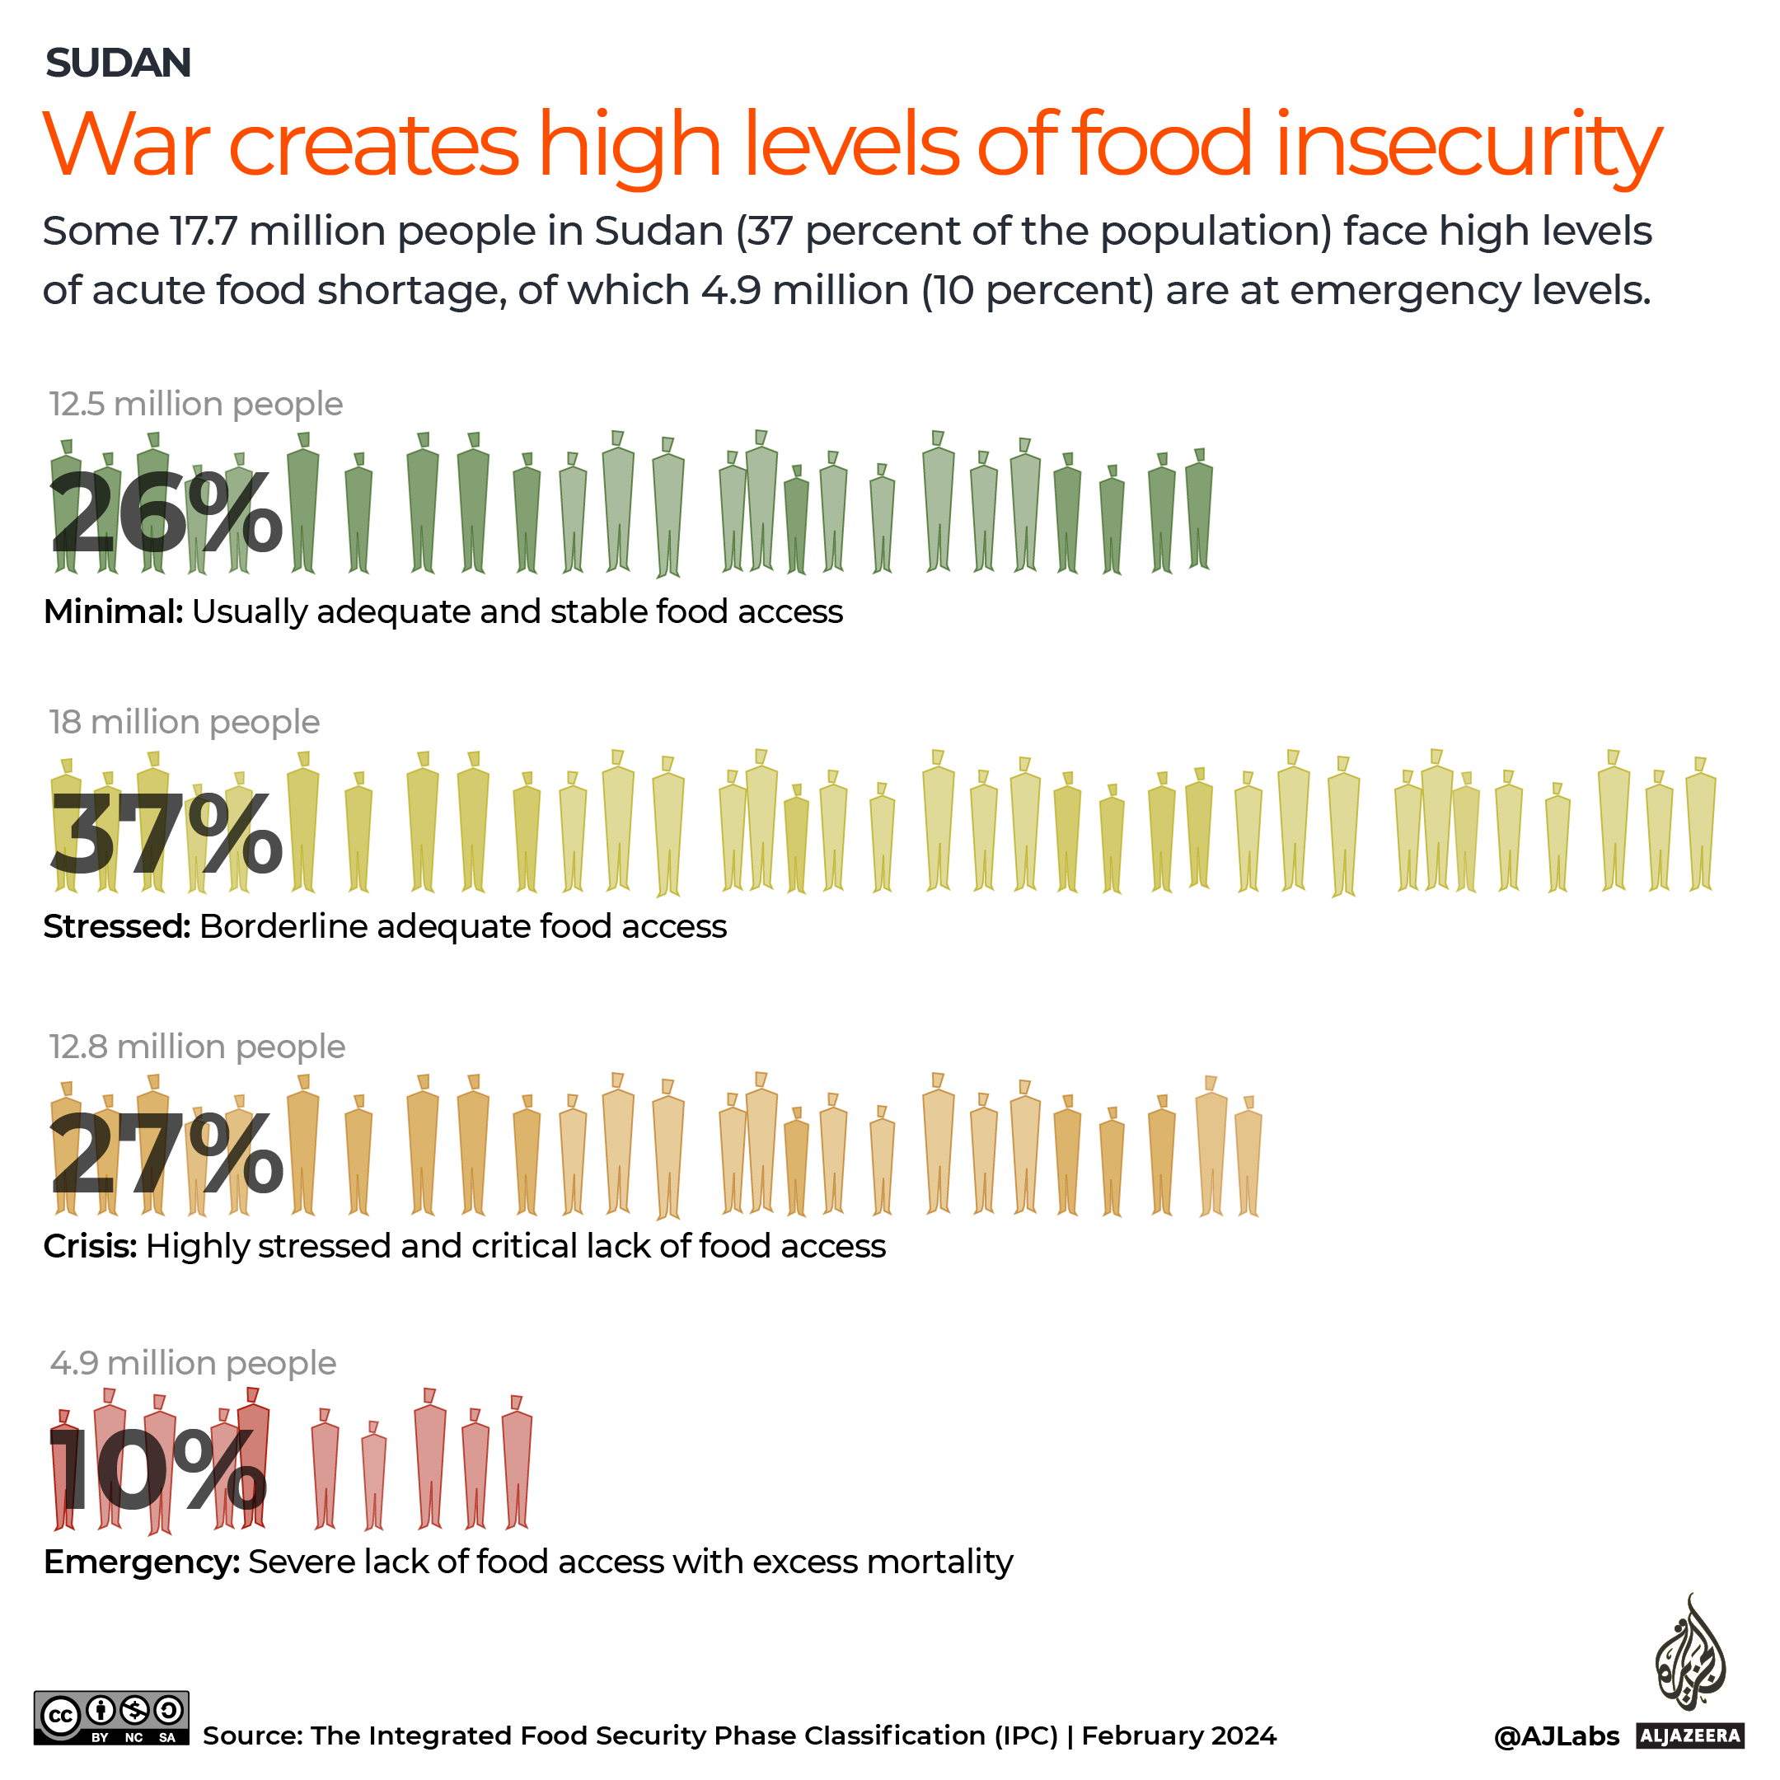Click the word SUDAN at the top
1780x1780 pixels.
click(x=118, y=63)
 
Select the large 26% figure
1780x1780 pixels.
click(x=166, y=513)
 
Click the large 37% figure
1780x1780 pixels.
click(x=166, y=834)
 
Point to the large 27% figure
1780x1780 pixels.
click(x=166, y=1154)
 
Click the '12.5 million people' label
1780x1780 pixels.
click(x=195, y=405)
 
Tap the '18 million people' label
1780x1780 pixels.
click(x=185, y=723)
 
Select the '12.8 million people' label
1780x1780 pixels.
click(x=197, y=1047)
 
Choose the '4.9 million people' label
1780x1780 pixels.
click(x=193, y=1363)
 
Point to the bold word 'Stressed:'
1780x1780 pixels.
click(x=117, y=927)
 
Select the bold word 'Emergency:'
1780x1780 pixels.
click(x=142, y=1562)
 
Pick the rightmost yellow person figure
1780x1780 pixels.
click(x=1701, y=829)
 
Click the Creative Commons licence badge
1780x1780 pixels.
click(x=111, y=1717)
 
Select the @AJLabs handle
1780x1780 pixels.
click(x=1556, y=1736)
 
